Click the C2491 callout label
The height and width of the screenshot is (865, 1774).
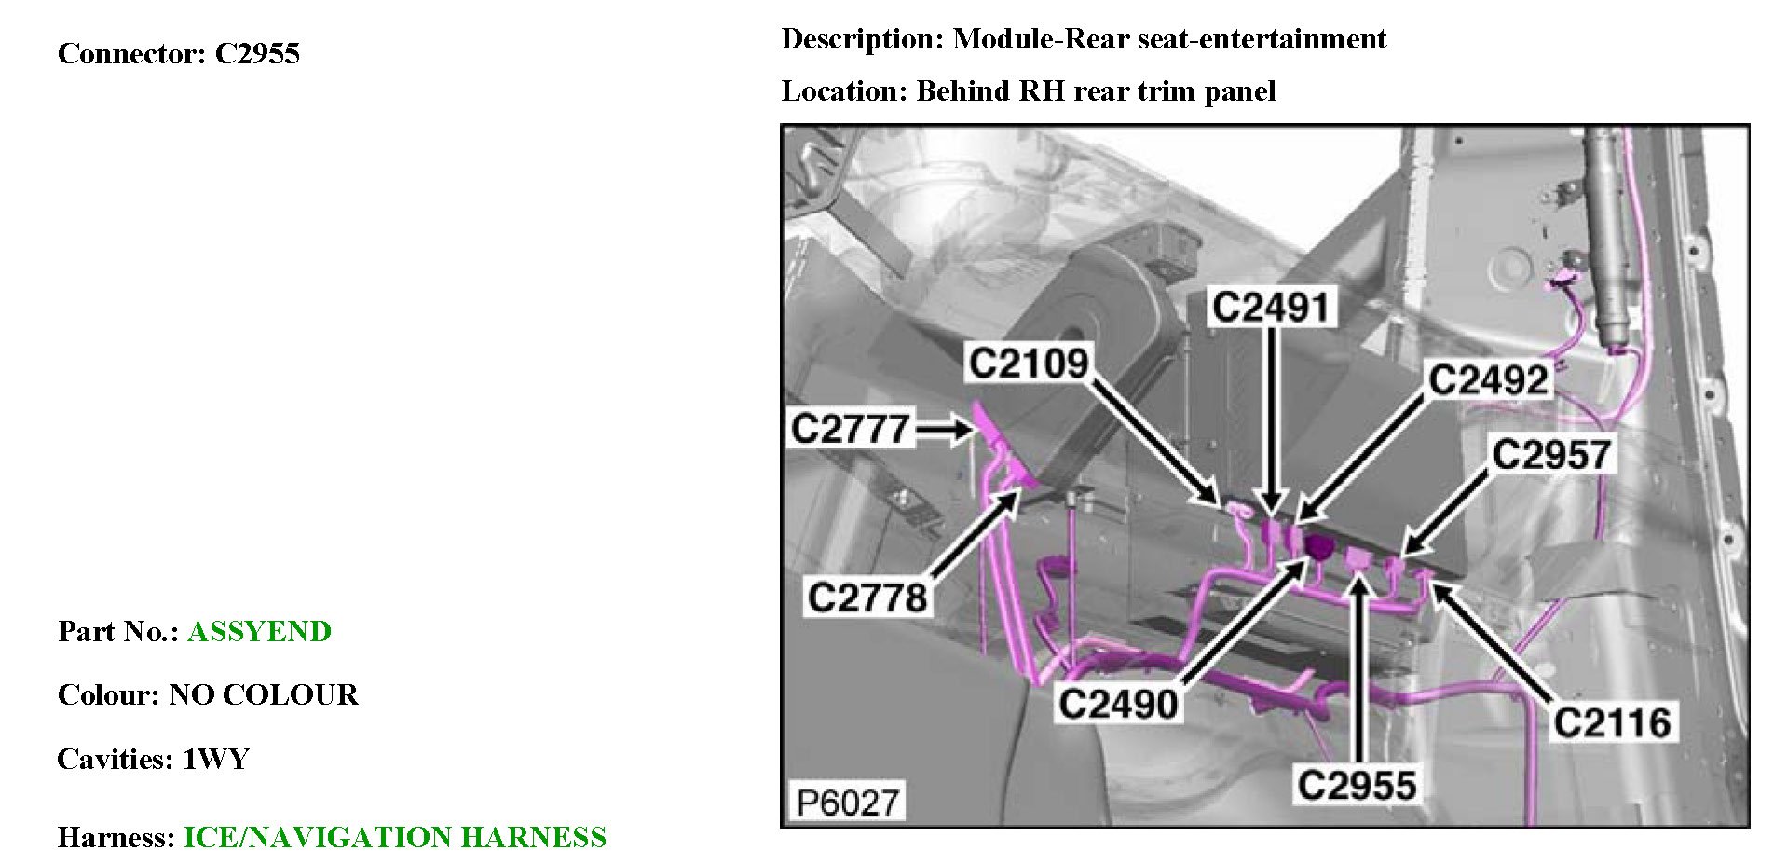tap(1272, 307)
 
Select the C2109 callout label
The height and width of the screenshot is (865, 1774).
tap(1029, 363)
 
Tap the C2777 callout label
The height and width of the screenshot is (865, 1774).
tap(849, 429)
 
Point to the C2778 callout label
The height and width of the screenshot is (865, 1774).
tap(867, 597)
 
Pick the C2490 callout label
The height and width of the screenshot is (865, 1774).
tap(1119, 704)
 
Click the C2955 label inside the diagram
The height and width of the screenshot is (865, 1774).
tap(1357, 785)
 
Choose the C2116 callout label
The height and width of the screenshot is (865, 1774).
tap(1612, 722)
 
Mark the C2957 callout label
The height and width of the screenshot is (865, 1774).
tap(1551, 455)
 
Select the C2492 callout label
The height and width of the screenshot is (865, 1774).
tap(1488, 380)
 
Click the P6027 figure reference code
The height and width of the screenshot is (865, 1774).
tap(848, 802)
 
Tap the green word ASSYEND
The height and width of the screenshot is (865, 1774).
tap(259, 632)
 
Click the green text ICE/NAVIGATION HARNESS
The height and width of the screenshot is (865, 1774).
tap(395, 837)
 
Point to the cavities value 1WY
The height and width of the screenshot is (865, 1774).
tap(216, 760)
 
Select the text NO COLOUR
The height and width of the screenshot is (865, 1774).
tap(264, 695)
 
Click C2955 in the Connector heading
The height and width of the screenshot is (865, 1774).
tap(257, 54)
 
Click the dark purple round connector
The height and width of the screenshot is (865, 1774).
tap(1318, 547)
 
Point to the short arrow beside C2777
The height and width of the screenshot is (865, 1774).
tap(945, 430)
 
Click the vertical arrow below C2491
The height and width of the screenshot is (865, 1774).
tap(1273, 419)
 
